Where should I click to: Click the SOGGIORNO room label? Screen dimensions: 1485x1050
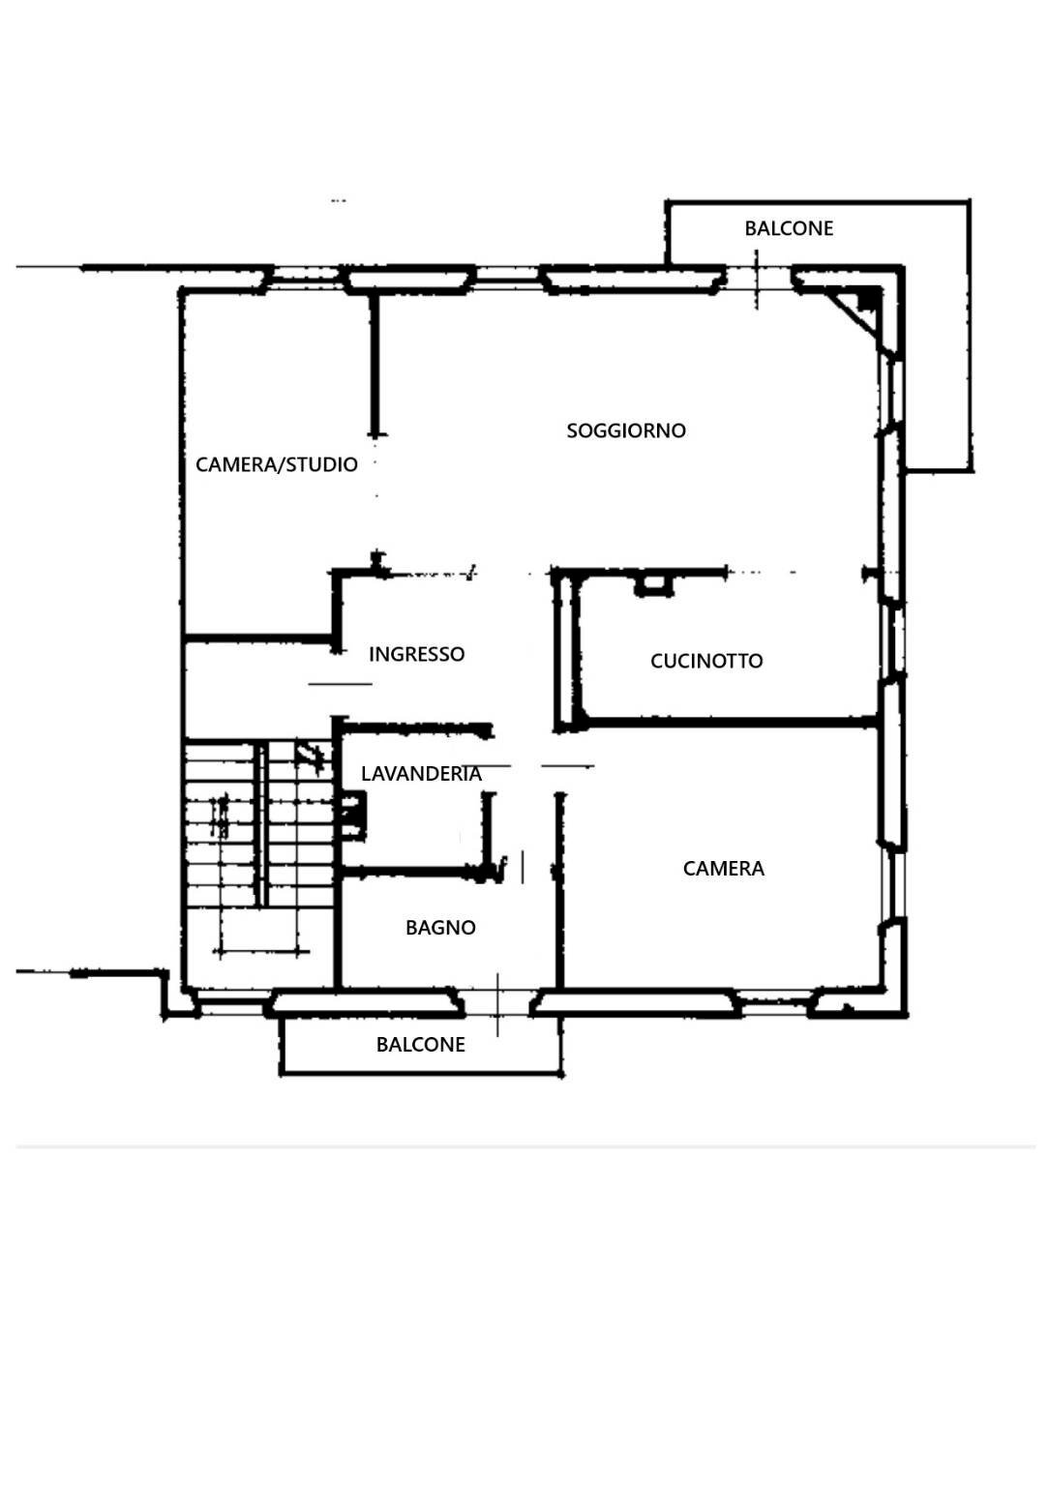click(626, 431)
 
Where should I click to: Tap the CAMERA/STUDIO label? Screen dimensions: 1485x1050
click(277, 464)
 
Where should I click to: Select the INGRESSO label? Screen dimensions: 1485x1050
click(416, 654)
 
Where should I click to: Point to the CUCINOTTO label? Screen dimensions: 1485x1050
click(706, 661)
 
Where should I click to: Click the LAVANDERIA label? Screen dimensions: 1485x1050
click(421, 774)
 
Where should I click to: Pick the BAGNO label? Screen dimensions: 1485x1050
click(440, 928)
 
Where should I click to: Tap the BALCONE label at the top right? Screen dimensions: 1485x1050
click(789, 228)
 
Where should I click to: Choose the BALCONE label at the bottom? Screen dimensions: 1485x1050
click(421, 1045)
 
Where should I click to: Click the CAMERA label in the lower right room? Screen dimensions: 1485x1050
click(724, 869)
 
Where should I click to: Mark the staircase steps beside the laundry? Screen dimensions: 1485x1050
click(259, 822)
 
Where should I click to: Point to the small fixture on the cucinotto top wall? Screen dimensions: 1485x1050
click(654, 583)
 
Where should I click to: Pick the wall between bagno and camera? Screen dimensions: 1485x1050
click(559, 919)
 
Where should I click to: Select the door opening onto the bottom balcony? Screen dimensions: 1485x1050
click(497, 1003)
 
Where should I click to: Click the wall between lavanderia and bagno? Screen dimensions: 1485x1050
click(411, 873)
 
